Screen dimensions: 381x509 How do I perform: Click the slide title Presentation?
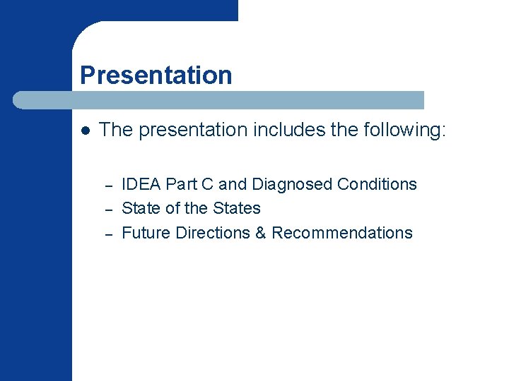point(156,75)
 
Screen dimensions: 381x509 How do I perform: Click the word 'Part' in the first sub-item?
point(182,184)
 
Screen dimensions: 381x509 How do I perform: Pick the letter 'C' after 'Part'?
point(209,184)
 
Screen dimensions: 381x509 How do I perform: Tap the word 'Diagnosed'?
point(292,184)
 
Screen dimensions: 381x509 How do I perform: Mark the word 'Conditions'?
point(377,184)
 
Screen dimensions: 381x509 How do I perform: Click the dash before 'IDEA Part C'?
point(109,186)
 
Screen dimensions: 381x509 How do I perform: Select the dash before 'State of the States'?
point(109,210)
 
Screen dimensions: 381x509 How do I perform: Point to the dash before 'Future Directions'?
point(109,235)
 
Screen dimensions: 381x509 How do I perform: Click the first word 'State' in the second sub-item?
point(141,208)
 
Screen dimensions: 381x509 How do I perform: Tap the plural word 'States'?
point(237,208)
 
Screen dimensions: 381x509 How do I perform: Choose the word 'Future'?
point(146,233)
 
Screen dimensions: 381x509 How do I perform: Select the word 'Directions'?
point(215,233)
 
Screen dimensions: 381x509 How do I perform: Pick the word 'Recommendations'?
point(342,233)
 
